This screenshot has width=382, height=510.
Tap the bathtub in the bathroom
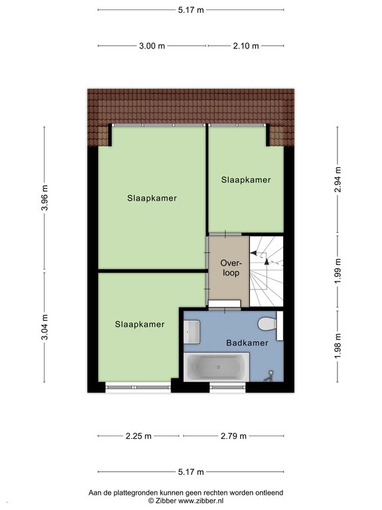(217, 367)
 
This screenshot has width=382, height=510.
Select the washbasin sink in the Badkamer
(192, 332)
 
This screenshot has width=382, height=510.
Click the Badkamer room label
(247, 343)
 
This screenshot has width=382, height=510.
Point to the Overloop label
(231, 268)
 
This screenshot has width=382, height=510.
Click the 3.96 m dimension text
(45, 198)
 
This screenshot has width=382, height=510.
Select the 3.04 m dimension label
(45, 327)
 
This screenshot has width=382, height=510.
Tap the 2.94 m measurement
(338, 179)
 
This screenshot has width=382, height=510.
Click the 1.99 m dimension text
(338, 271)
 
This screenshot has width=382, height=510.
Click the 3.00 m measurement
(152, 46)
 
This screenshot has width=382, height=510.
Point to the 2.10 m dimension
(246, 46)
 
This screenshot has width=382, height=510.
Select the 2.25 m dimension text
(139, 436)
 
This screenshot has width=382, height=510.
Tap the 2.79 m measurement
(233, 436)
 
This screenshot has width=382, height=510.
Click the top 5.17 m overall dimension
(191, 10)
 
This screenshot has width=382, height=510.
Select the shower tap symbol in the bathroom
(270, 376)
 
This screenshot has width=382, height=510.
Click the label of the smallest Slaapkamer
(246, 180)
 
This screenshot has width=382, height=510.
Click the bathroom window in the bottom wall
(227, 387)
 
